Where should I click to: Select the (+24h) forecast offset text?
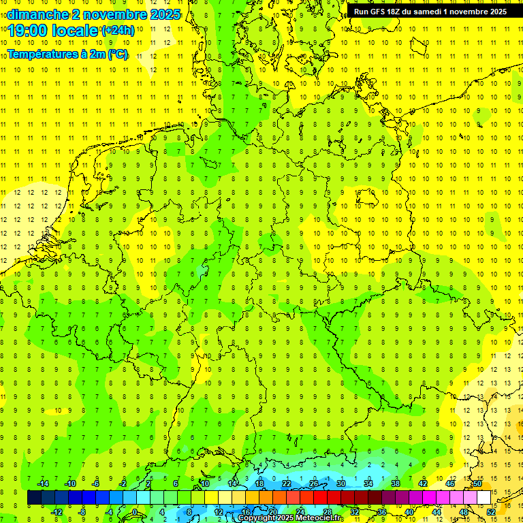point(118,31)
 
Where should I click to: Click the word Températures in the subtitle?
point(42,54)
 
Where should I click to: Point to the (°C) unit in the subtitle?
point(117,54)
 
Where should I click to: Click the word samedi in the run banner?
point(432,12)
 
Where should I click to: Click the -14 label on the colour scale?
point(42,484)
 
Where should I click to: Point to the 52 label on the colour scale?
point(490,512)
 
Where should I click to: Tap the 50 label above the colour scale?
point(477,484)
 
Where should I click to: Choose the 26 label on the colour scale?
point(314,484)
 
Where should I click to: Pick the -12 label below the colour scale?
point(56,512)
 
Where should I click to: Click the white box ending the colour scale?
point(484,498)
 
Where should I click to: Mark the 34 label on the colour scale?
point(368,484)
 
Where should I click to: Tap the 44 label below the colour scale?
point(437,512)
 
